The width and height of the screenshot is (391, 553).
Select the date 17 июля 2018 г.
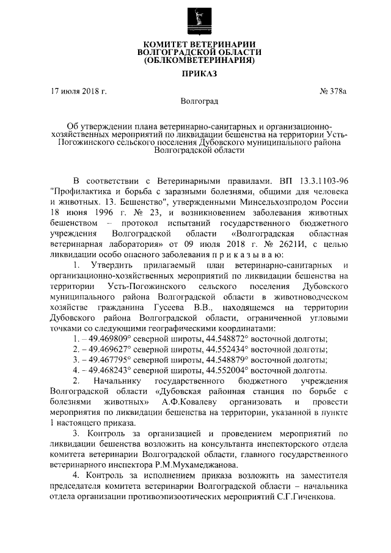point(79,92)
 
